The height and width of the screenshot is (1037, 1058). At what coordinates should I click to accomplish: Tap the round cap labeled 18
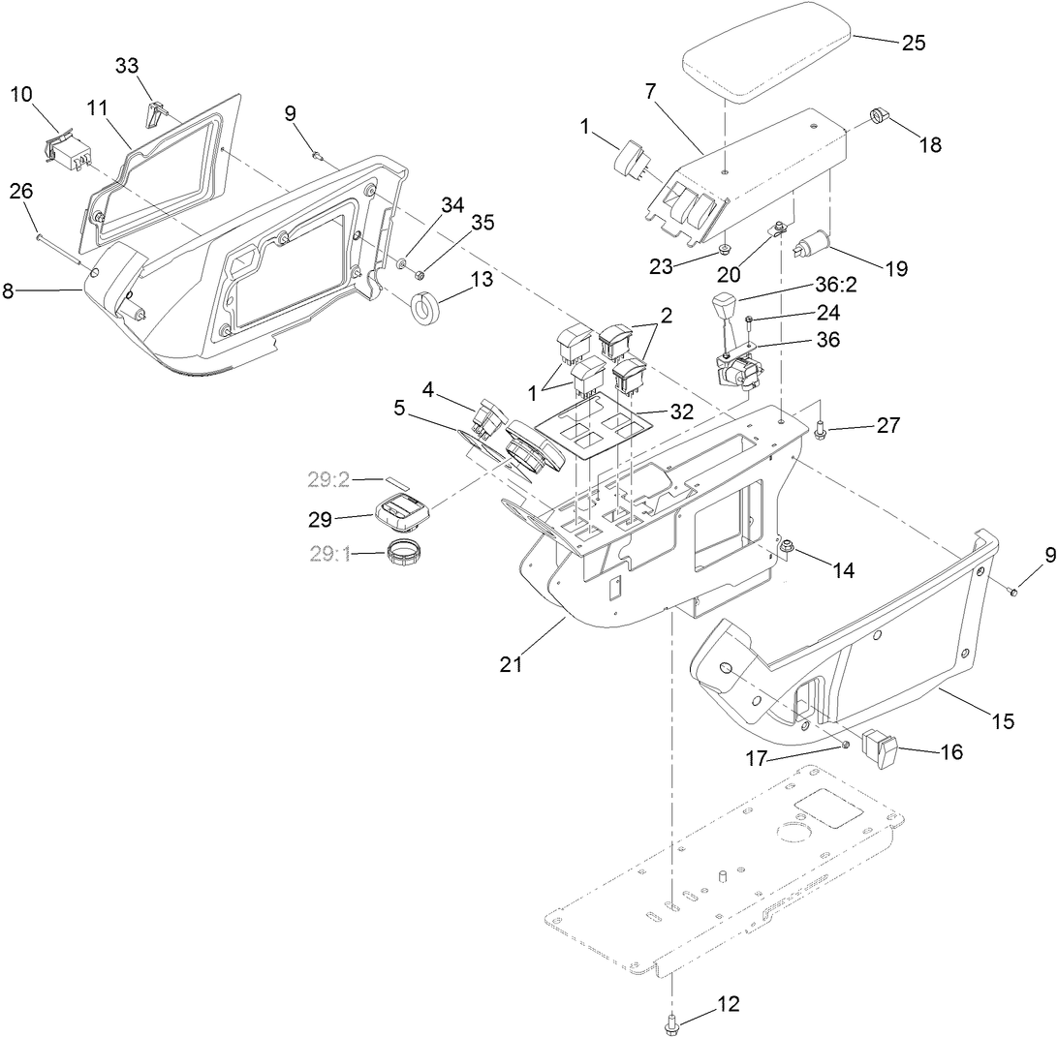[880, 116]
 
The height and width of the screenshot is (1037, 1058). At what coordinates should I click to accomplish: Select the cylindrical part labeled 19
[806, 246]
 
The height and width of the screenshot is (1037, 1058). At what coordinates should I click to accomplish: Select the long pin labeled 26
[63, 246]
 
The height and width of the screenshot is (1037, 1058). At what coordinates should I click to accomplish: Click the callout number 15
[1002, 721]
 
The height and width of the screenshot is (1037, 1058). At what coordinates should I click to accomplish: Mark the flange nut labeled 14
[786, 551]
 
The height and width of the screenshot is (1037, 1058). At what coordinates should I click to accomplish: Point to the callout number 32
[681, 411]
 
